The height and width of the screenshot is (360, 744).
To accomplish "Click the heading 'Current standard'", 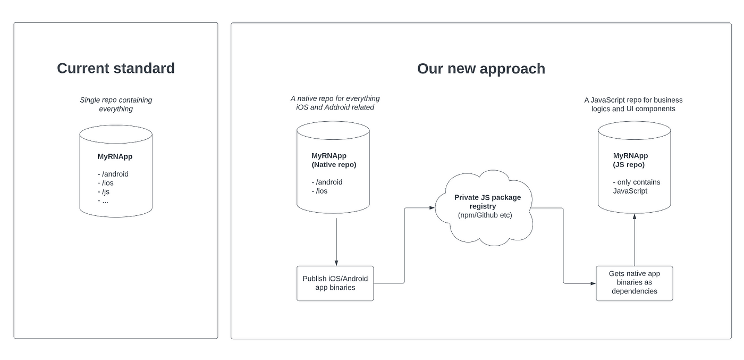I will coord(116,69).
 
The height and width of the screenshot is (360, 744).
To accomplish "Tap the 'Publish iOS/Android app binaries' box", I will coord(335,283).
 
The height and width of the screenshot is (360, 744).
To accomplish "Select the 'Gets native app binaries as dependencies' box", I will coord(634,282).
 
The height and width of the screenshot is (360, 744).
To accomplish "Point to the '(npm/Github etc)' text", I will coord(484,215).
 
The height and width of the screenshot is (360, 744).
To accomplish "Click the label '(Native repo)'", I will coord(334,165).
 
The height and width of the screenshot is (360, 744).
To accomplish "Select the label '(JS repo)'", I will coord(629,165).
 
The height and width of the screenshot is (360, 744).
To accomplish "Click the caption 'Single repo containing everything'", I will coord(116,104).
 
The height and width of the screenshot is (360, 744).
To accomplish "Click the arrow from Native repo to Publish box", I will coord(336,239).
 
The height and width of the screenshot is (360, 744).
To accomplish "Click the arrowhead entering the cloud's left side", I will coord(432,208).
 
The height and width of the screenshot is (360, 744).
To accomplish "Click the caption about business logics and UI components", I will coord(633,104).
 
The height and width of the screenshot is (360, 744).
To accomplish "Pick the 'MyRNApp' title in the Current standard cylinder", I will coord(115,157).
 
